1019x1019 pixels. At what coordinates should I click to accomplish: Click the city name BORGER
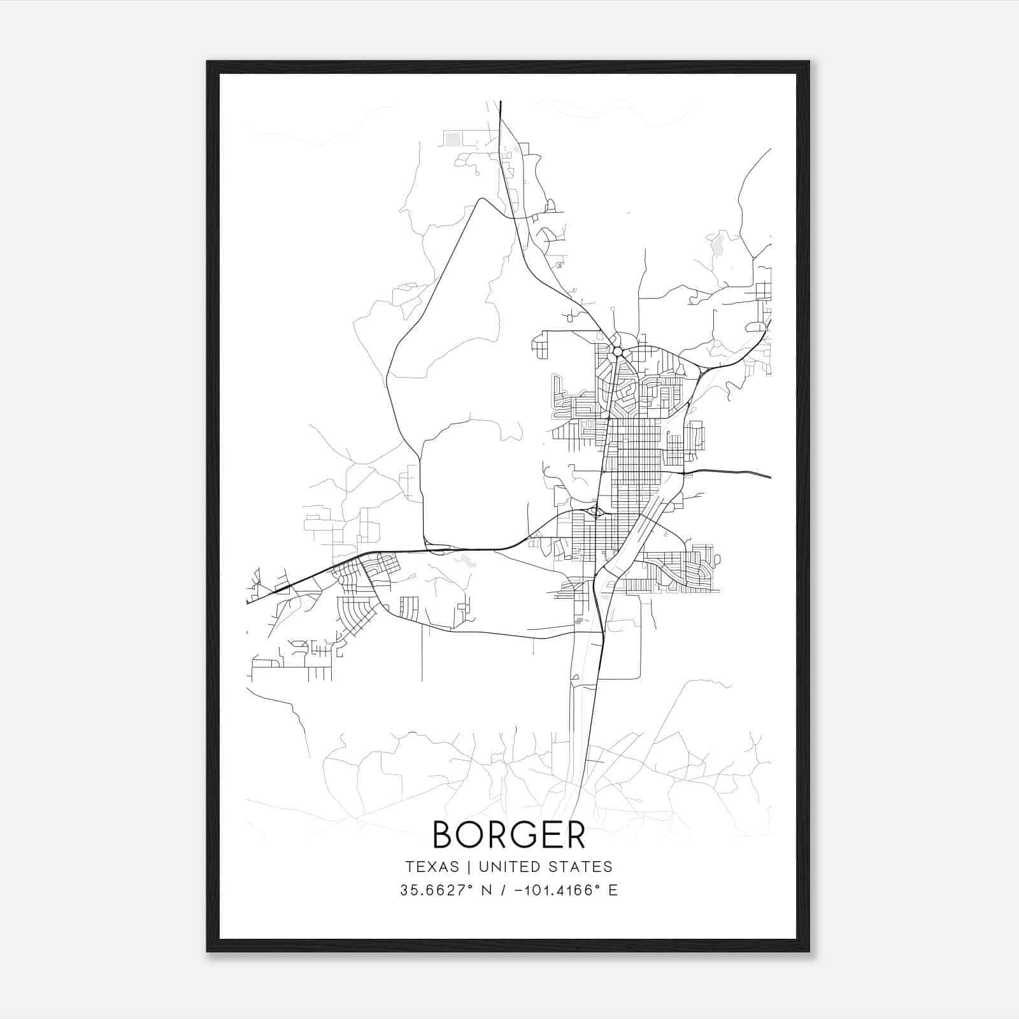[509, 834]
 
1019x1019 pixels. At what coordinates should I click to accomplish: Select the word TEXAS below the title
[432, 867]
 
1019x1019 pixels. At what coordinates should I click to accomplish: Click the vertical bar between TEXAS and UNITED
[469, 867]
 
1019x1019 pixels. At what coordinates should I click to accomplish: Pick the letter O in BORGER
[470, 834]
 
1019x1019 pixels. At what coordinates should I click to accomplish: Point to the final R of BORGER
[574, 834]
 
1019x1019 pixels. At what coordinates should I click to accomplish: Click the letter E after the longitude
[613, 890]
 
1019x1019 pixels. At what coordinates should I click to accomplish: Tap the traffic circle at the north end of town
[617, 352]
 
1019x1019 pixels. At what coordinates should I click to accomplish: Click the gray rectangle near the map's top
[453, 139]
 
